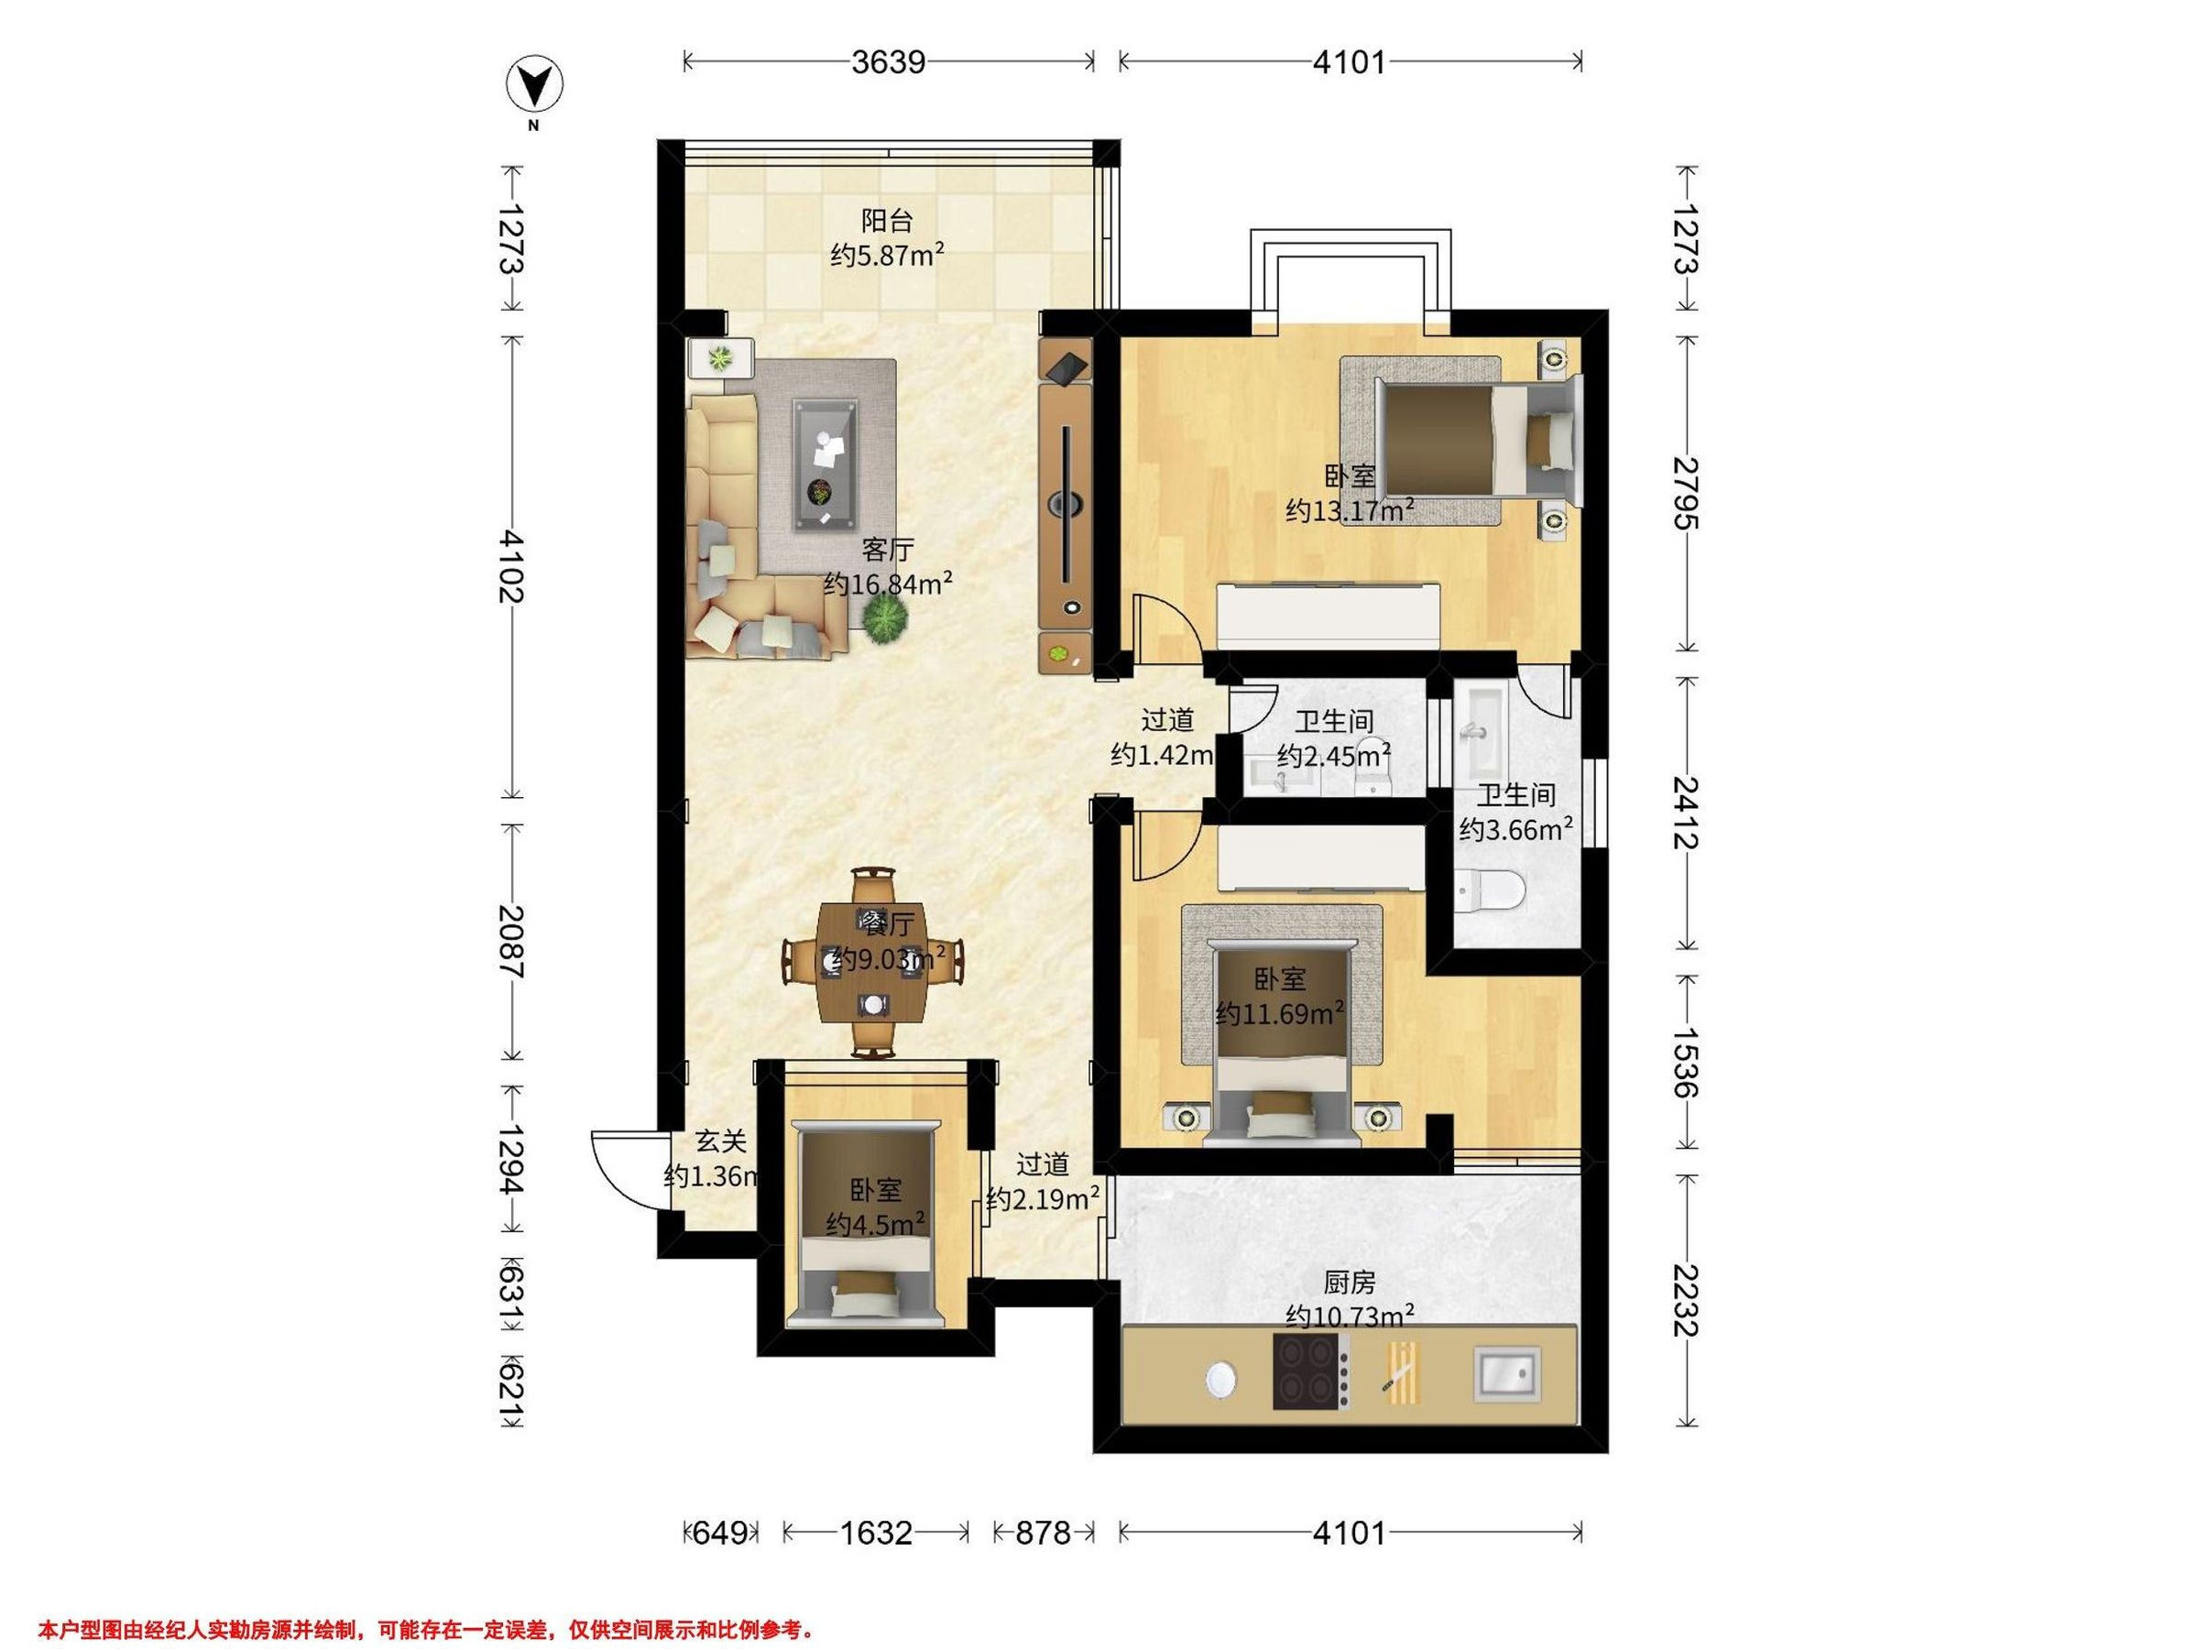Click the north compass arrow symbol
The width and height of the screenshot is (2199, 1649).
pos(535,87)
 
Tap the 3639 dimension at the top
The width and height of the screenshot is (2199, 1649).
pos(889,62)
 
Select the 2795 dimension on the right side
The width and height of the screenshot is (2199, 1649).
pos(1685,493)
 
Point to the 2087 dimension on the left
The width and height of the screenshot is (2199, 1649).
pos(512,941)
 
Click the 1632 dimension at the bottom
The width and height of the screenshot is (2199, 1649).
pos(876,1533)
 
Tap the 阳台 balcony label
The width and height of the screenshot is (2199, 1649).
pos(887,221)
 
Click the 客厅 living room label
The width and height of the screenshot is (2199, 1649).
pos(888,550)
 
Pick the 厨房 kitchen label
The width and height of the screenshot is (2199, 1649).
pos(1349,1284)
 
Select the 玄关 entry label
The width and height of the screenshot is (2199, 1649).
pos(721,1142)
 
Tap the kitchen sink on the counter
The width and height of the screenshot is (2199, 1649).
pos(1507,1375)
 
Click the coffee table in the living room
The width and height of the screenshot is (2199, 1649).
pos(824,465)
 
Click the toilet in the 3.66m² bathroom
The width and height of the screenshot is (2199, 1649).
pos(1487,890)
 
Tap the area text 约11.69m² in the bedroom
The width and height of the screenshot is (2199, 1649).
pos(1280,1015)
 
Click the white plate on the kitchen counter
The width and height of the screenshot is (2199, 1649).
pos(1220,1380)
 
